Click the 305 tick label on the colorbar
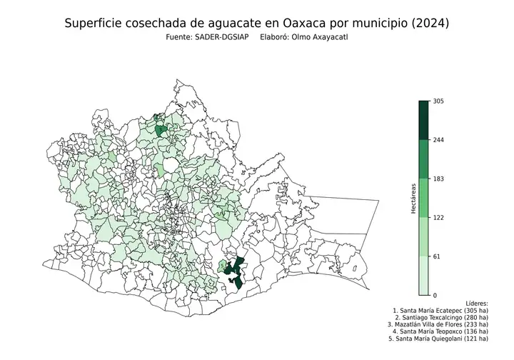(438, 101)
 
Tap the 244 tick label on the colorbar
(438, 140)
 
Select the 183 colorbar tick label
(438, 179)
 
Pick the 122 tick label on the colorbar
(438, 217)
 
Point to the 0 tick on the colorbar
(435, 294)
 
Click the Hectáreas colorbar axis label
(413, 198)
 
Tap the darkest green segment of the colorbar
(423, 121)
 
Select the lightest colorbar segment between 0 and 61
(423, 275)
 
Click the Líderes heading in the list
(476, 304)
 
